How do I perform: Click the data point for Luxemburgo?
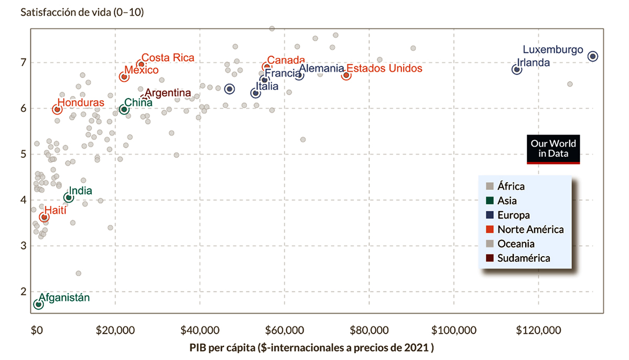coord(593,56)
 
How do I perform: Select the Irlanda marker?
coord(517,69)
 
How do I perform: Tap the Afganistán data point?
coord(38,304)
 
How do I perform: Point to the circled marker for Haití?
coord(44,217)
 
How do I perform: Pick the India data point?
coord(68,198)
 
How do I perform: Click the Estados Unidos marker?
coord(346,75)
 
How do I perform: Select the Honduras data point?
coord(57,109)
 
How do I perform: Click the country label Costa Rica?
coord(168,58)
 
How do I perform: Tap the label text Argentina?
coord(168,93)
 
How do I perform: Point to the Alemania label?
coord(321,69)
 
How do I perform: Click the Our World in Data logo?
coord(553,149)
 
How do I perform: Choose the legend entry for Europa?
coord(513,215)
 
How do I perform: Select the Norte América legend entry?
coord(530,230)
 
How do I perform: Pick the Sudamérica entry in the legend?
coord(524,258)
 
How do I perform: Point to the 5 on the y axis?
coord(24,155)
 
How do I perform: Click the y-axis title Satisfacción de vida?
coord(82,13)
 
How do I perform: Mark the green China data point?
coord(124,110)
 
